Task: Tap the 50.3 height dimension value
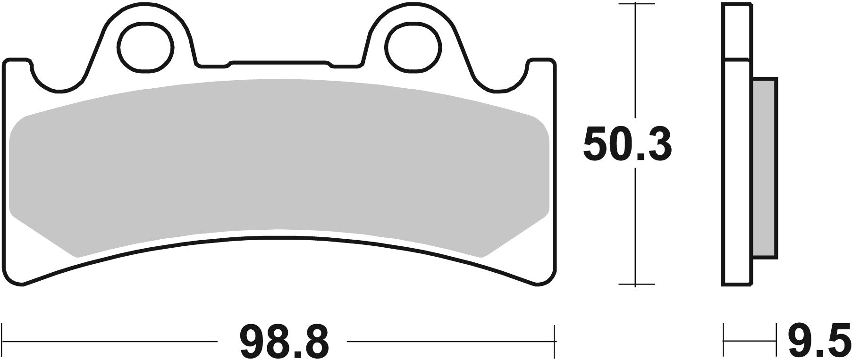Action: [x=627, y=144]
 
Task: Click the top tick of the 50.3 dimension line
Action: [x=636, y=4]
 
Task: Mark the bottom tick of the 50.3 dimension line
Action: [x=636, y=285]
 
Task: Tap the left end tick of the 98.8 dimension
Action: [x=4, y=341]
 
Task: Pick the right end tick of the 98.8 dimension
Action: [x=556, y=341]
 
